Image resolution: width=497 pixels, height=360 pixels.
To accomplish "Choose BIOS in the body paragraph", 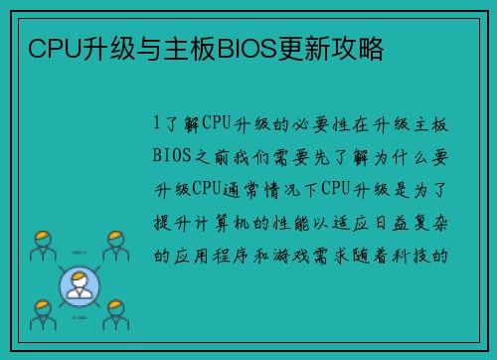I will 172,156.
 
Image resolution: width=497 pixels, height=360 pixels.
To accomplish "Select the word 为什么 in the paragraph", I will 389,156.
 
